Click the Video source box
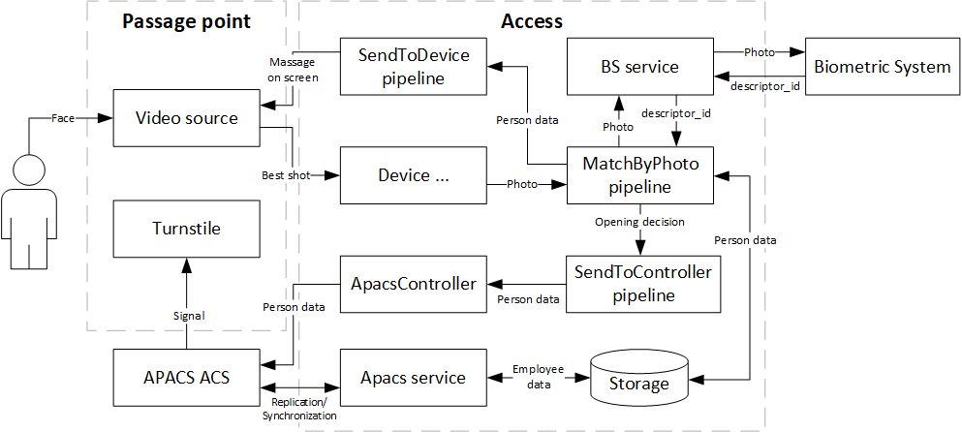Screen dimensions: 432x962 (186, 118)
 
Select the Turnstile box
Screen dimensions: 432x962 (186, 230)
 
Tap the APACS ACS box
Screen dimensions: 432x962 (186, 377)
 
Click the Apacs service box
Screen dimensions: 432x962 (413, 377)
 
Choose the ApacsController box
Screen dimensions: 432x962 (413, 284)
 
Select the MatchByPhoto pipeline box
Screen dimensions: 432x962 (638, 174)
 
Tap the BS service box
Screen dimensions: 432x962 (638, 67)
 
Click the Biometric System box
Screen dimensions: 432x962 (882, 67)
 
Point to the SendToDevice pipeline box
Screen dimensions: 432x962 (413, 67)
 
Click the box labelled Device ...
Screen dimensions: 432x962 (413, 175)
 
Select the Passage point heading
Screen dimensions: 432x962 (186, 21)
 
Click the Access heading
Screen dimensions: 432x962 (531, 21)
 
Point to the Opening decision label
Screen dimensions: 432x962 (638, 222)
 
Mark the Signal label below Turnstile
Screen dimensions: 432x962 (186, 315)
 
